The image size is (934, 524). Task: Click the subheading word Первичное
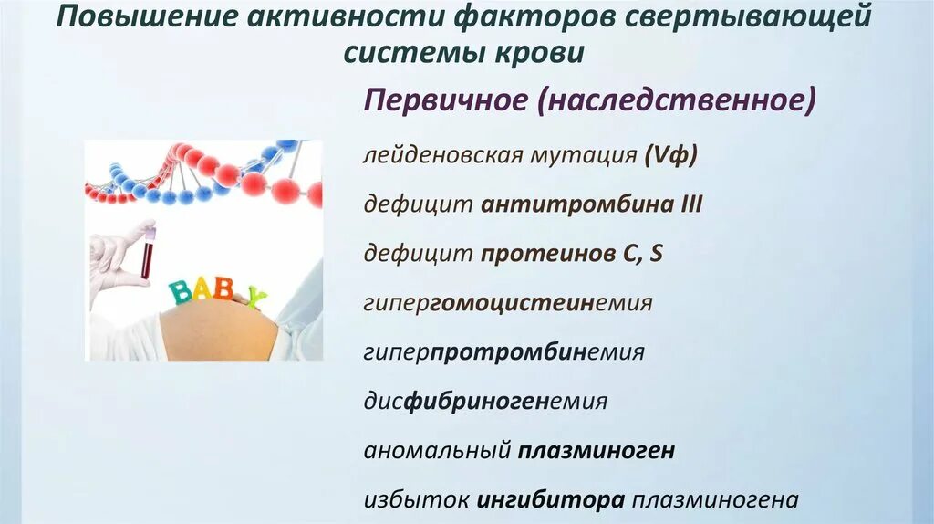[x=445, y=100]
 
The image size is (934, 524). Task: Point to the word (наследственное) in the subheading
[x=675, y=100]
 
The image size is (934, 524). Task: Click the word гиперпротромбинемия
[x=503, y=351]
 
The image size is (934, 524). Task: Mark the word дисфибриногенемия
[x=485, y=401]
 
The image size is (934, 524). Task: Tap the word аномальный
[x=436, y=450]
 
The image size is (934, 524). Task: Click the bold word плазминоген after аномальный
[x=597, y=450]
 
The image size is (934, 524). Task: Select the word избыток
[x=414, y=500]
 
